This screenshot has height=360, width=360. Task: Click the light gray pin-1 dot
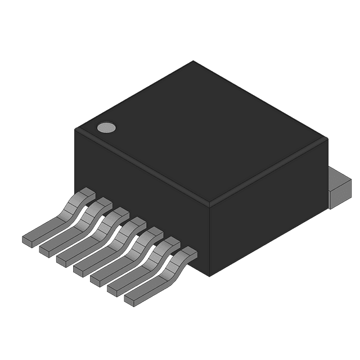(x=106, y=128)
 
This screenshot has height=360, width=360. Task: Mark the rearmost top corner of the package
(x=193, y=61)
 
